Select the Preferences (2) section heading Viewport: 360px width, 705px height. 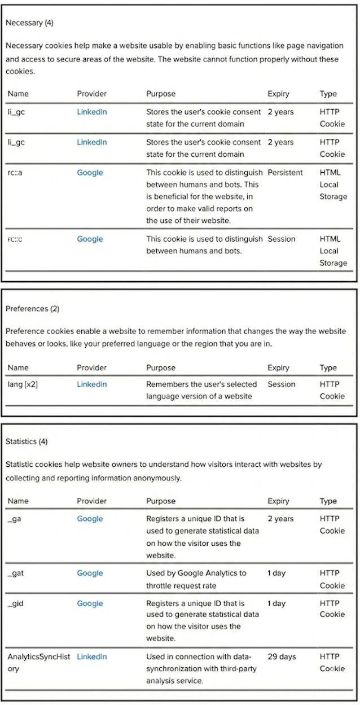32,309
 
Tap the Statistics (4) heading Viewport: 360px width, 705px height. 27,441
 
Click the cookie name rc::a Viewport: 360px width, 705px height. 15,173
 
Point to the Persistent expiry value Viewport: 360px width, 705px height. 285,173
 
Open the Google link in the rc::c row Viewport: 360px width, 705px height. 90,239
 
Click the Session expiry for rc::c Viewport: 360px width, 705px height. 281,239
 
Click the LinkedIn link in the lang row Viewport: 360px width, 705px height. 91,384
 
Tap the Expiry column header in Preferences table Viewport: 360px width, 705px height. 278,367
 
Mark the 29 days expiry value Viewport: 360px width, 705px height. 282,657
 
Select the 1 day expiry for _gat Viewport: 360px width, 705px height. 276,573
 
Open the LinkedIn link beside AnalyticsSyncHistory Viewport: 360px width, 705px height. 91,657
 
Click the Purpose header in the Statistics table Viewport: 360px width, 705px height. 161,501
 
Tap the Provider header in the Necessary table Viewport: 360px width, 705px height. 91,94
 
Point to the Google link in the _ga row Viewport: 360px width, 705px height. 90,519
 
